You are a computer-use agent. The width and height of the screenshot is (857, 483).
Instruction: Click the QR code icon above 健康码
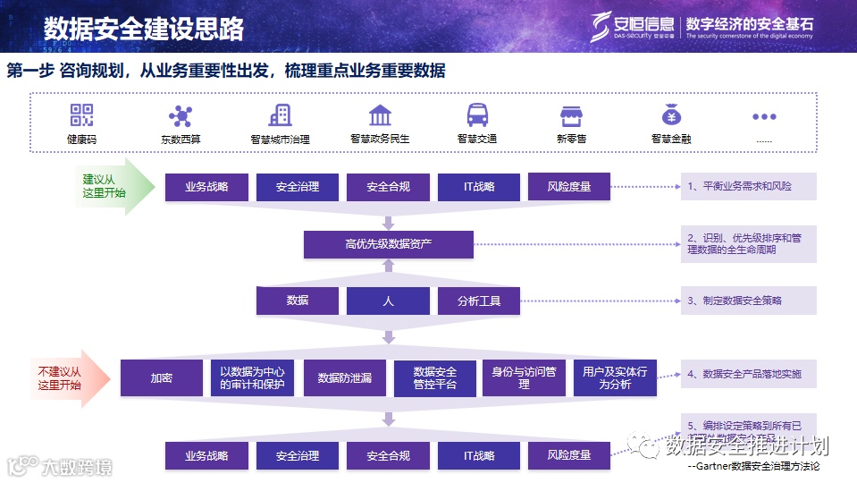coord(82,115)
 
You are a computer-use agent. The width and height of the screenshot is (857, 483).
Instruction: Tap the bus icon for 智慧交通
coord(477,115)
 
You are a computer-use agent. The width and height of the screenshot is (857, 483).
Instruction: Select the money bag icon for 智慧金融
coord(671,115)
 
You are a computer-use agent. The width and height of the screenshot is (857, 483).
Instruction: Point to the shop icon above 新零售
coord(571,116)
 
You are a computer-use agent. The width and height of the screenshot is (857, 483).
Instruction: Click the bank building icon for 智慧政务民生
coord(380,115)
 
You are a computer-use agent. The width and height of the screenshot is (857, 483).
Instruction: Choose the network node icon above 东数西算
coord(181,116)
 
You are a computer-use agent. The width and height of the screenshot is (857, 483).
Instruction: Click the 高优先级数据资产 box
coord(388,244)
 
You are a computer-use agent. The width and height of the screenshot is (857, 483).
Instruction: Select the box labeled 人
coord(388,301)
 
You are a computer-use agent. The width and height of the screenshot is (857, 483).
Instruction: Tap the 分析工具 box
coord(479,301)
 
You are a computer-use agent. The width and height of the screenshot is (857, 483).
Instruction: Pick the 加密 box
coord(162,378)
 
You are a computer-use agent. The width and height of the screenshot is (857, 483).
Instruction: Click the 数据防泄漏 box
coord(344,378)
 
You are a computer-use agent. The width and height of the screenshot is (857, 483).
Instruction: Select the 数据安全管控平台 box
coord(435,378)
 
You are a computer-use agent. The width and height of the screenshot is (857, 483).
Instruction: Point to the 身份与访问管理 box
coord(524,377)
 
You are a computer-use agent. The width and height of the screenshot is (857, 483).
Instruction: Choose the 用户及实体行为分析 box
coord(615,377)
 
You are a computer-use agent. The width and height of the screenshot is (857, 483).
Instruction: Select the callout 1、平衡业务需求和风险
coord(748,186)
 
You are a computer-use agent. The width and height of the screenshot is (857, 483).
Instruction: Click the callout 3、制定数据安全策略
coord(748,301)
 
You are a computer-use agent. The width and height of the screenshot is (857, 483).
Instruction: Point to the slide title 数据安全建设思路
coord(144,28)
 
